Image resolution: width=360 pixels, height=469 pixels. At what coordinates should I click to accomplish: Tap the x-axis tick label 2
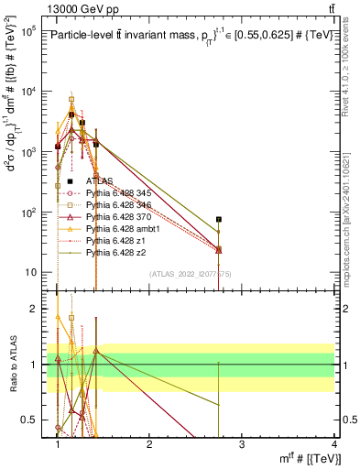click(x=149, y=443)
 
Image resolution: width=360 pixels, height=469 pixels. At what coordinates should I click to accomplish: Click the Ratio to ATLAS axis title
click(x=13, y=365)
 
